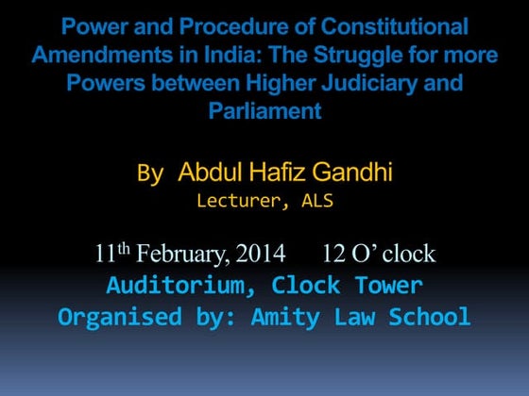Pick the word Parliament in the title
pos(264,110)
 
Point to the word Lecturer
pos(238,200)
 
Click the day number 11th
pos(113,254)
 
